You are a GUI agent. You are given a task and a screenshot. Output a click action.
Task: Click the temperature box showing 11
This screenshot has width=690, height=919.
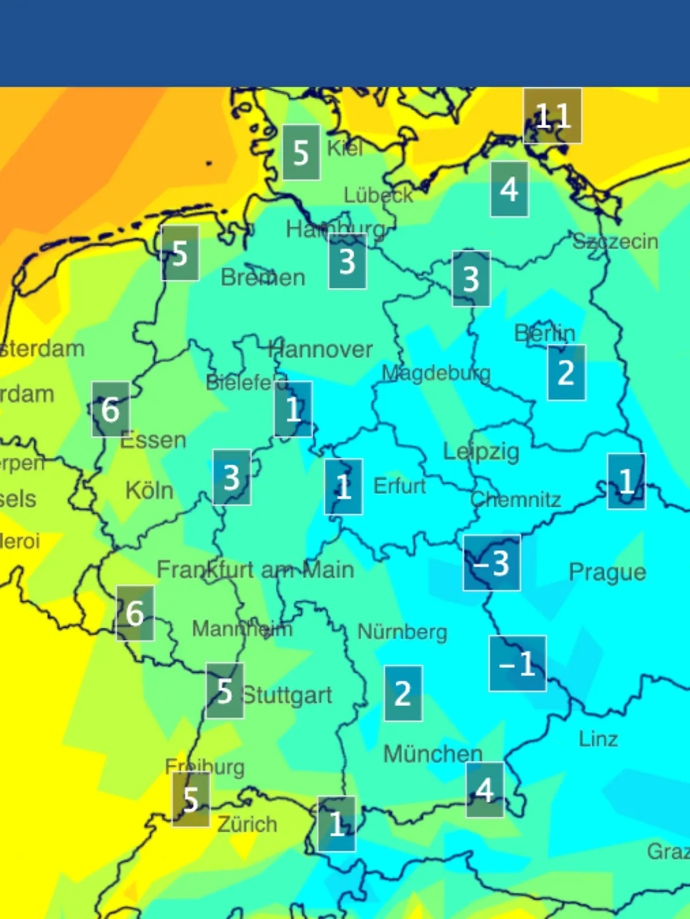point(552,115)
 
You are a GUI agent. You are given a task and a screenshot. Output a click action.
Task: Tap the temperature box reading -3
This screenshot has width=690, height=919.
point(492,563)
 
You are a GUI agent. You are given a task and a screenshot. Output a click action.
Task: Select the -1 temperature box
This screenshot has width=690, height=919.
point(517,663)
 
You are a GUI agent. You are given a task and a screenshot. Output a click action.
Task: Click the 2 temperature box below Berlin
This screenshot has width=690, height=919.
point(566,372)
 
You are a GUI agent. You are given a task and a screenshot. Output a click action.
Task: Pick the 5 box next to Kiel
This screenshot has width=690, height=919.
point(301,152)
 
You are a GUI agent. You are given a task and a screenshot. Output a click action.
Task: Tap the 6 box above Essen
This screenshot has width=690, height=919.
point(110,409)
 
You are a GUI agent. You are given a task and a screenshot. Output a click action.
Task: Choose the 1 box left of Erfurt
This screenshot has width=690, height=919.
point(343,486)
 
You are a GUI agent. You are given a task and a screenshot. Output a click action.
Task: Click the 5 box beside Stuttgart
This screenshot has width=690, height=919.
point(225,690)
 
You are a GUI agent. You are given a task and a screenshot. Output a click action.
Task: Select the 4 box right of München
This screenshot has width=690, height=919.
point(485,790)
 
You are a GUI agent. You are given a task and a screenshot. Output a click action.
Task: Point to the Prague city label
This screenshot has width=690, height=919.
point(607,572)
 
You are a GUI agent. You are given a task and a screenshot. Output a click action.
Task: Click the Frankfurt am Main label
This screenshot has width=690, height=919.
point(255,570)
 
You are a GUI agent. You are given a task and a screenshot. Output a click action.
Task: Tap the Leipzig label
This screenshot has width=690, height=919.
point(481,451)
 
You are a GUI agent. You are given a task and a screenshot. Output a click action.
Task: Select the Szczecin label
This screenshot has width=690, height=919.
point(615,241)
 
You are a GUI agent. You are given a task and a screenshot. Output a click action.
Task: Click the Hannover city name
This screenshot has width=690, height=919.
point(321,349)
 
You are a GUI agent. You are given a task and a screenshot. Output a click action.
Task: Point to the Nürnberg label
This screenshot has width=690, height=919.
point(402,632)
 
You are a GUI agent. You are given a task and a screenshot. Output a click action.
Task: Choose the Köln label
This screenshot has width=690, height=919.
point(149,491)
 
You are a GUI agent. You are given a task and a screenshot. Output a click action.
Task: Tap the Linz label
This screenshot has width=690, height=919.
point(598,739)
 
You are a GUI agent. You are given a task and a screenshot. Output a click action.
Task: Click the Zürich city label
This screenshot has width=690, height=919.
point(247,824)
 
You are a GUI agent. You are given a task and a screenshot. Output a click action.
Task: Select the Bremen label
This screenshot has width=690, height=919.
point(263,278)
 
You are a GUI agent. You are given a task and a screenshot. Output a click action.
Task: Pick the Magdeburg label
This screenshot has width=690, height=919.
point(436,373)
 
